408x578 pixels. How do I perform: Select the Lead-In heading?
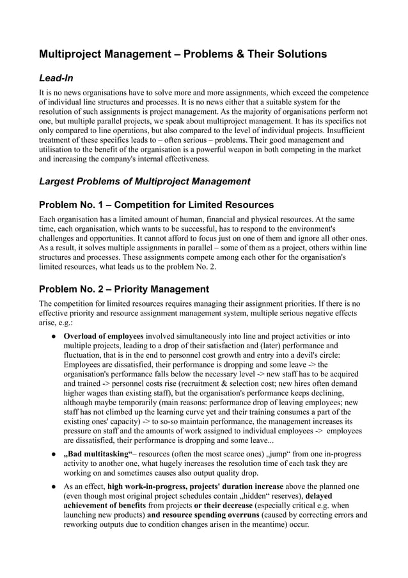(56, 79)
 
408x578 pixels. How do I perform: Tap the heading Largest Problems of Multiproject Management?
(145, 181)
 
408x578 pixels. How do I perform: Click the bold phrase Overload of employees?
(105, 336)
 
